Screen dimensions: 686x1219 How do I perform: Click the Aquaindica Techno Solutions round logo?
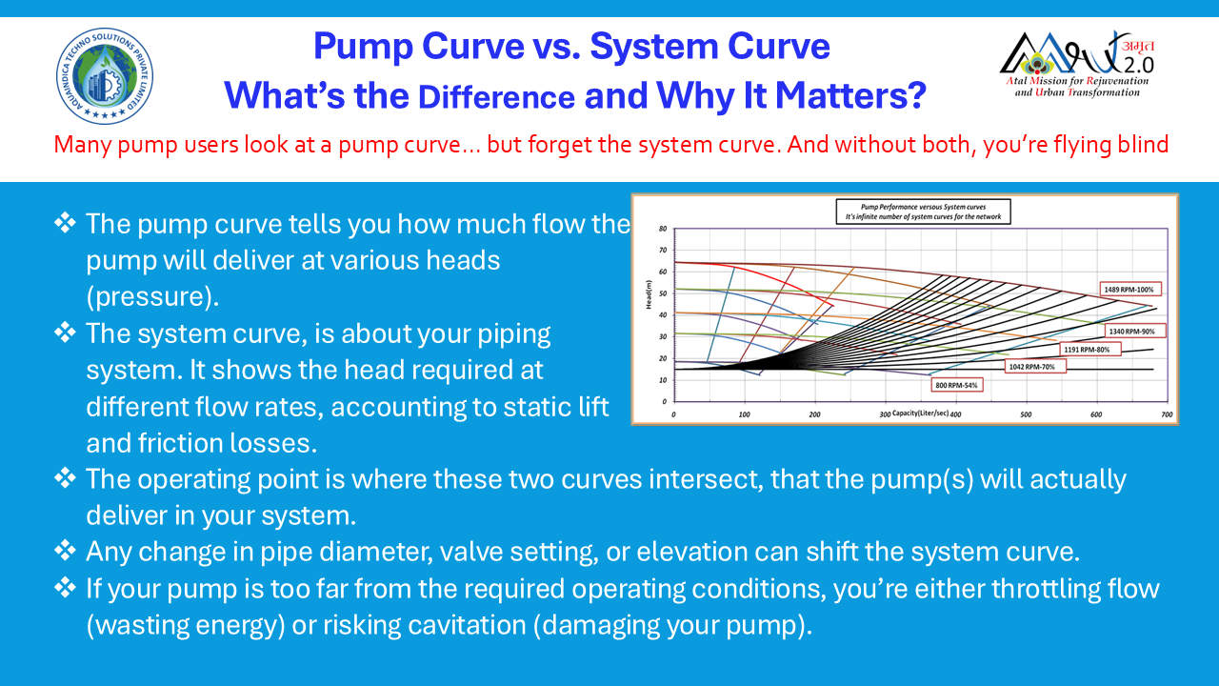104,75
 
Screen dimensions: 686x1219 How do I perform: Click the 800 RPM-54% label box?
955,385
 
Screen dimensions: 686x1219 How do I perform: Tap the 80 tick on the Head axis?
662,229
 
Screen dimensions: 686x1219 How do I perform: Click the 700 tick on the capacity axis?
1167,415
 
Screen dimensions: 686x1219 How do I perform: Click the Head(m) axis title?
648,295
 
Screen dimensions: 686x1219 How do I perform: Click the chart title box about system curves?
922,211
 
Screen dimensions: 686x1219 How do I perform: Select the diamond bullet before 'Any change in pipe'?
65,550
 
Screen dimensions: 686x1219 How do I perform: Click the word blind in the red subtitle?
1143,146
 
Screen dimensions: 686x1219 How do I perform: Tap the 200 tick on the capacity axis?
814,415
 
